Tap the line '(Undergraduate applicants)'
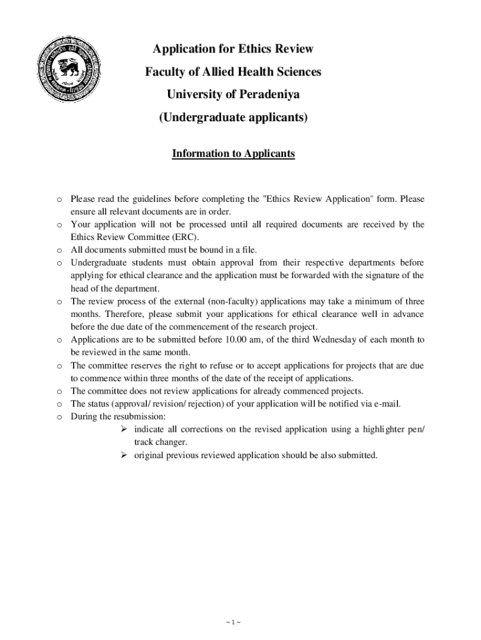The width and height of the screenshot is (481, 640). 233,117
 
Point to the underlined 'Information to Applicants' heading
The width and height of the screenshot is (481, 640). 233,153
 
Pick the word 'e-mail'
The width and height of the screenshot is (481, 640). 385,403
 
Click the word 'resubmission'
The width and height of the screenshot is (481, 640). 139,416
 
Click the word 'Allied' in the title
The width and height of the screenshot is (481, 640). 211,72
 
